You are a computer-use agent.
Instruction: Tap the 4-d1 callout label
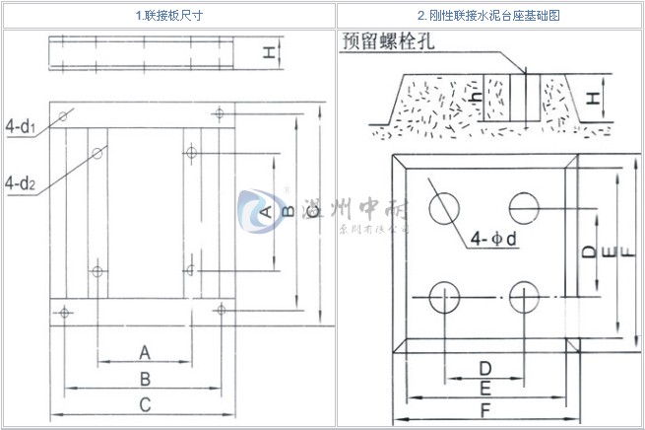click(21, 126)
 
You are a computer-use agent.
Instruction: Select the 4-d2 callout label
click(21, 182)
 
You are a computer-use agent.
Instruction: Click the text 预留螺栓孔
click(390, 40)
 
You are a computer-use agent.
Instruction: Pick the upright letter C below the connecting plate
click(145, 403)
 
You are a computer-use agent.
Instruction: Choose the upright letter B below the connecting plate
click(145, 378)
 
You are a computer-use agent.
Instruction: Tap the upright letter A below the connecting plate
click(145, 352)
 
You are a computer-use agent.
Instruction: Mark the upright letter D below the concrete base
click(484, 368)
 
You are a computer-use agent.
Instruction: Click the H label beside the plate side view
click(267, 53)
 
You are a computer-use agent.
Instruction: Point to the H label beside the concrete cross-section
click(593, 99)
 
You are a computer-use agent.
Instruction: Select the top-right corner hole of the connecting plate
click(219, 114)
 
